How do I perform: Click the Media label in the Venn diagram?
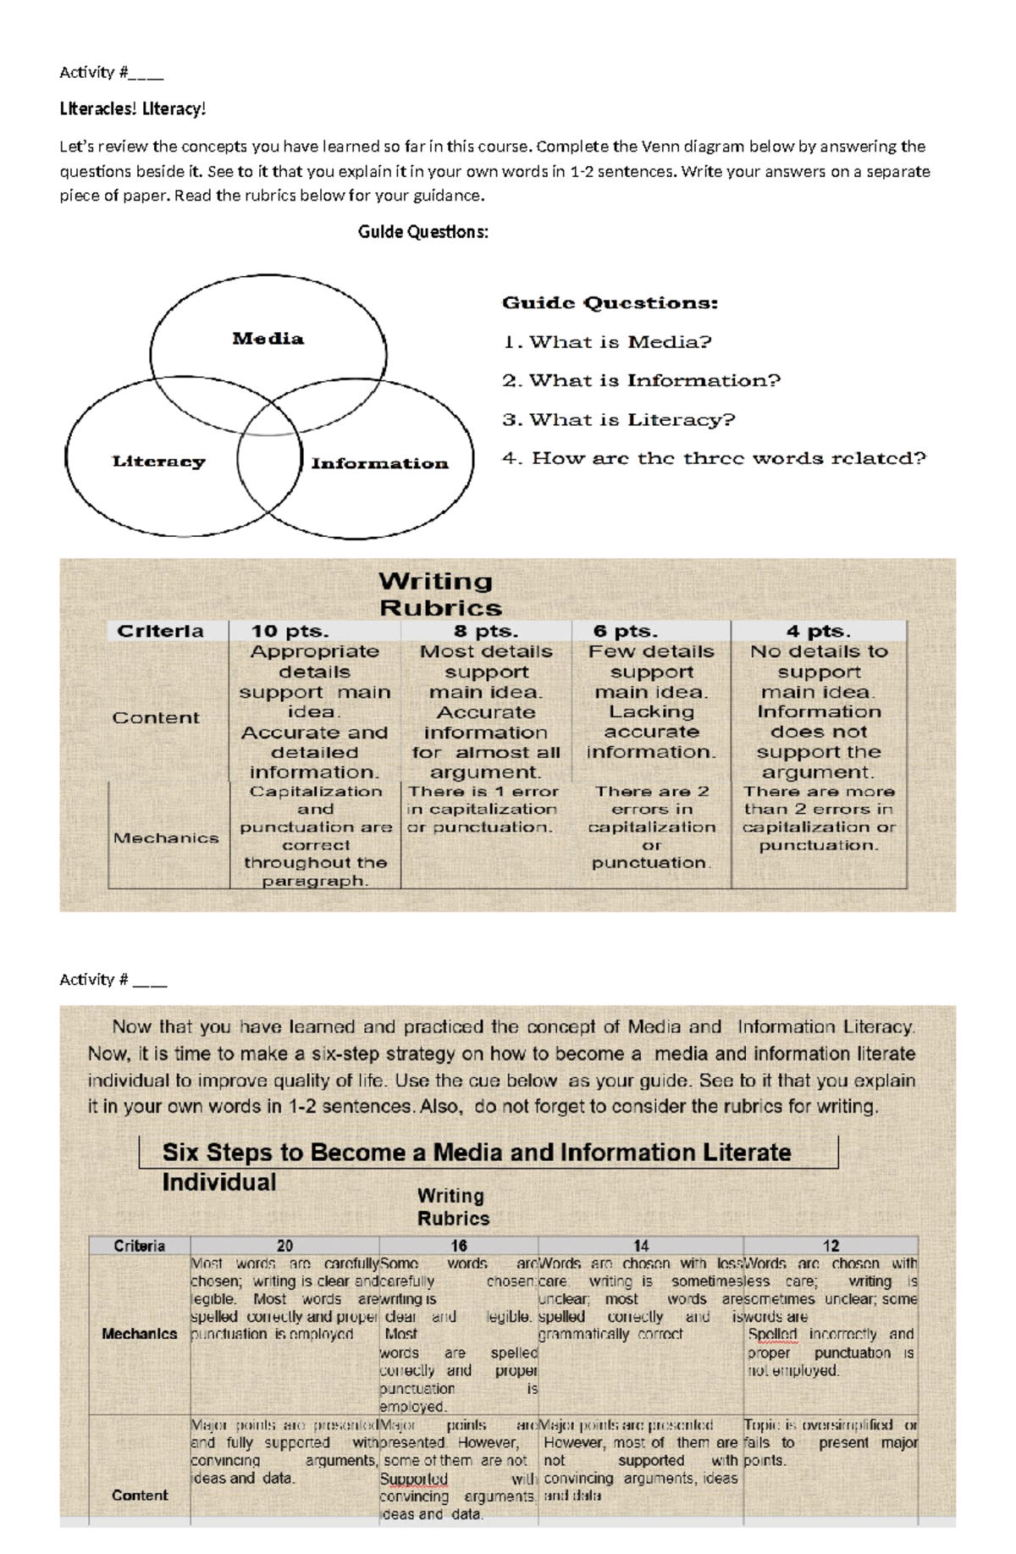(x=268, y=339)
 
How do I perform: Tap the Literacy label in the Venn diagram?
(x=158, y=462)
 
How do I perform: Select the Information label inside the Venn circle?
(x=379, y=463)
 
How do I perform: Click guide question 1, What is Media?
(x=607, y=342)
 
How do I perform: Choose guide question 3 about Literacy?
(x=619, y=420)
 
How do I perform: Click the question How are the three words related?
(x=714, y=458)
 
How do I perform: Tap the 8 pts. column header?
(x=486, y=631)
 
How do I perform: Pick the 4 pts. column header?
(x=819, y=631)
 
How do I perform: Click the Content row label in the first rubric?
(x=156, y=717)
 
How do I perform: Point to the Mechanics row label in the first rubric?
(x=166, y=838)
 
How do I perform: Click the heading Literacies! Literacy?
(x=132, y=109)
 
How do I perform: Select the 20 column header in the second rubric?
(x=284, y=1246)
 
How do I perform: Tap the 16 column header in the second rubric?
(x=458, y=1246)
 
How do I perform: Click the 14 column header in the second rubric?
(x=641, y=1246)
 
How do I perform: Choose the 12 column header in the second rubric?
(x=831, y=1246)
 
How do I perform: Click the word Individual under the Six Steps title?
(x=219, y=1182)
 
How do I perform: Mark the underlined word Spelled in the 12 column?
(x=772, y=1334)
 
